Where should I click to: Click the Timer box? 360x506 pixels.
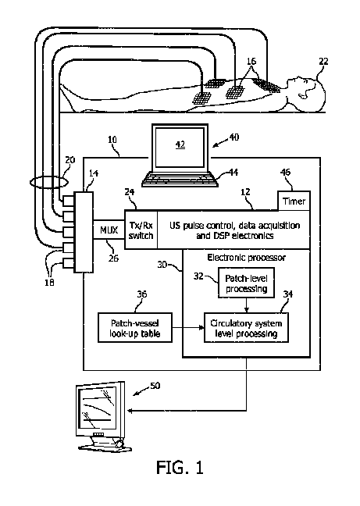point(294,201)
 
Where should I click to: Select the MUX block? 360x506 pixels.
point(109,230)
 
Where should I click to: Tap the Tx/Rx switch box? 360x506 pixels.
point(141,230)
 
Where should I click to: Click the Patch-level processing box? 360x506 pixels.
point(247,283)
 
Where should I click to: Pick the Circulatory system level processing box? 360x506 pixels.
point(246,327)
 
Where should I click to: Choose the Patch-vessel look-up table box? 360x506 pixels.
point(135,327)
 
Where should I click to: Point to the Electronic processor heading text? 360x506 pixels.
point(246,258)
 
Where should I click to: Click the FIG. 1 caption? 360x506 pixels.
point(180,467)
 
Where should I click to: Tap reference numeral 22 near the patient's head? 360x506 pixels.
point(323,62)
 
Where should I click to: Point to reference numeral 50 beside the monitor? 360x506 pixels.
point(155,386)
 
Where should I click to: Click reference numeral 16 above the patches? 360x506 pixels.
point(251,61)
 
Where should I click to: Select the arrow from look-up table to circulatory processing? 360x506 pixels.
point(188,328)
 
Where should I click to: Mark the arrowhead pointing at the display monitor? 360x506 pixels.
point(130,411)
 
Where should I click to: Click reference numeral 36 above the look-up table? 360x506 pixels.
point(142,294)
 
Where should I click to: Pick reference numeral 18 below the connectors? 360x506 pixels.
point(49,283)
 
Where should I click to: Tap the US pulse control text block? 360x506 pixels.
point(234,230)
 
